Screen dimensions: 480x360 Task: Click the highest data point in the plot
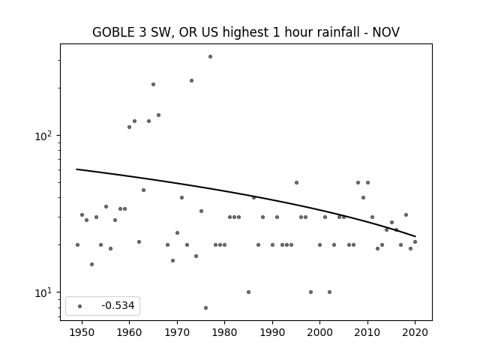(210, 57)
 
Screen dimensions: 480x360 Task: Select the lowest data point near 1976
(205, 307)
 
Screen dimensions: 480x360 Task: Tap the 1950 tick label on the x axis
(82, 332)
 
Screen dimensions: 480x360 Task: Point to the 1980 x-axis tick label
(225, 332)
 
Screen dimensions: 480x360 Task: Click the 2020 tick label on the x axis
(415, 332)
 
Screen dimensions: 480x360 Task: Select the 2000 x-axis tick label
(320, 332)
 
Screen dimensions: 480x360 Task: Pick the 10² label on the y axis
(44, 136)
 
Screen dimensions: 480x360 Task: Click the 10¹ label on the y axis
(44, 292)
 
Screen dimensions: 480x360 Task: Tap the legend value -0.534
(118, 305)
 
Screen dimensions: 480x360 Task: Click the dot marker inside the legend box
(80, 306)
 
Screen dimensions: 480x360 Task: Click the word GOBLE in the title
(113, 32)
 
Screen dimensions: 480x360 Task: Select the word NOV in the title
(385, 32)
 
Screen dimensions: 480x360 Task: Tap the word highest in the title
(245, 33)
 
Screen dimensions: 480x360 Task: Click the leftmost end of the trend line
(76, 169)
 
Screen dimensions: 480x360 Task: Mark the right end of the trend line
(415, 236)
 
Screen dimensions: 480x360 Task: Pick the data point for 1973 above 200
(191, 80)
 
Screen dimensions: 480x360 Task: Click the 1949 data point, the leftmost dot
(77, 245)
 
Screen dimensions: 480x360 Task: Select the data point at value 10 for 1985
(248, 292)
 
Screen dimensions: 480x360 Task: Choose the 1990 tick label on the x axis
(272, 332)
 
